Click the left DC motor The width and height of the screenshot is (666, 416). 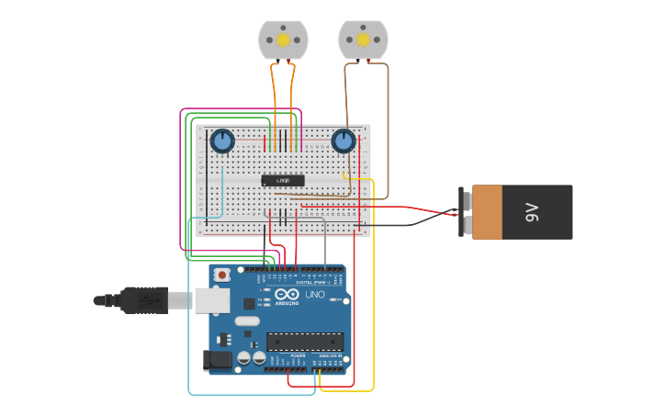[283, 39]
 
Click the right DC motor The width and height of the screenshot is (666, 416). [363, 39]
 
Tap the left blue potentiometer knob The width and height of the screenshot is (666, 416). [222, 141]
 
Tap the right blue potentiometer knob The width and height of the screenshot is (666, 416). [344, 141]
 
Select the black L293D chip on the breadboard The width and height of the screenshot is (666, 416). [283, 180]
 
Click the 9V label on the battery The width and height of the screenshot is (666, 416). [532, 212]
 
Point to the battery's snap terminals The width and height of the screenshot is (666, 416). [467, 212]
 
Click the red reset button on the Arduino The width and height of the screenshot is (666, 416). [222, 274]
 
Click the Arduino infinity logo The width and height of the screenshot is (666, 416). [287, 294]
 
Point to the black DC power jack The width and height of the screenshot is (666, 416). [215, 360]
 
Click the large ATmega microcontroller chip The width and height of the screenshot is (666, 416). [304, 342]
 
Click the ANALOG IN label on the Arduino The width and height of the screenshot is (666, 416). [330, 355]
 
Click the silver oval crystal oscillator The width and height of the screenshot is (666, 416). [248, 321]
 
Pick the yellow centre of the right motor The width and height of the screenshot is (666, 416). [363, 39]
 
